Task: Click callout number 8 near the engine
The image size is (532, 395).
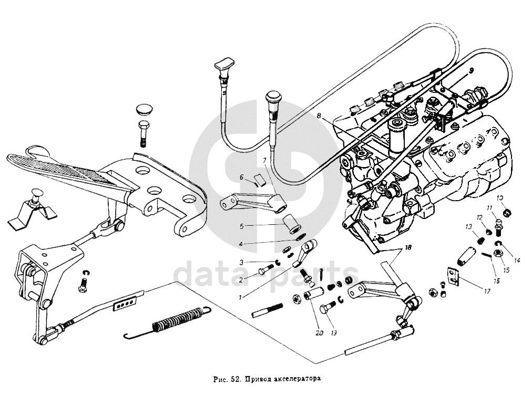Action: point(319,116)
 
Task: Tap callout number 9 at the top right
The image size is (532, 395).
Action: point(471,70)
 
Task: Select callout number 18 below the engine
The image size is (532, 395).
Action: point(408,248)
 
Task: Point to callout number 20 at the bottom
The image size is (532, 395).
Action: point(319,333)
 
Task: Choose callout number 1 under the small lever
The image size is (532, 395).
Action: point(240,298)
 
